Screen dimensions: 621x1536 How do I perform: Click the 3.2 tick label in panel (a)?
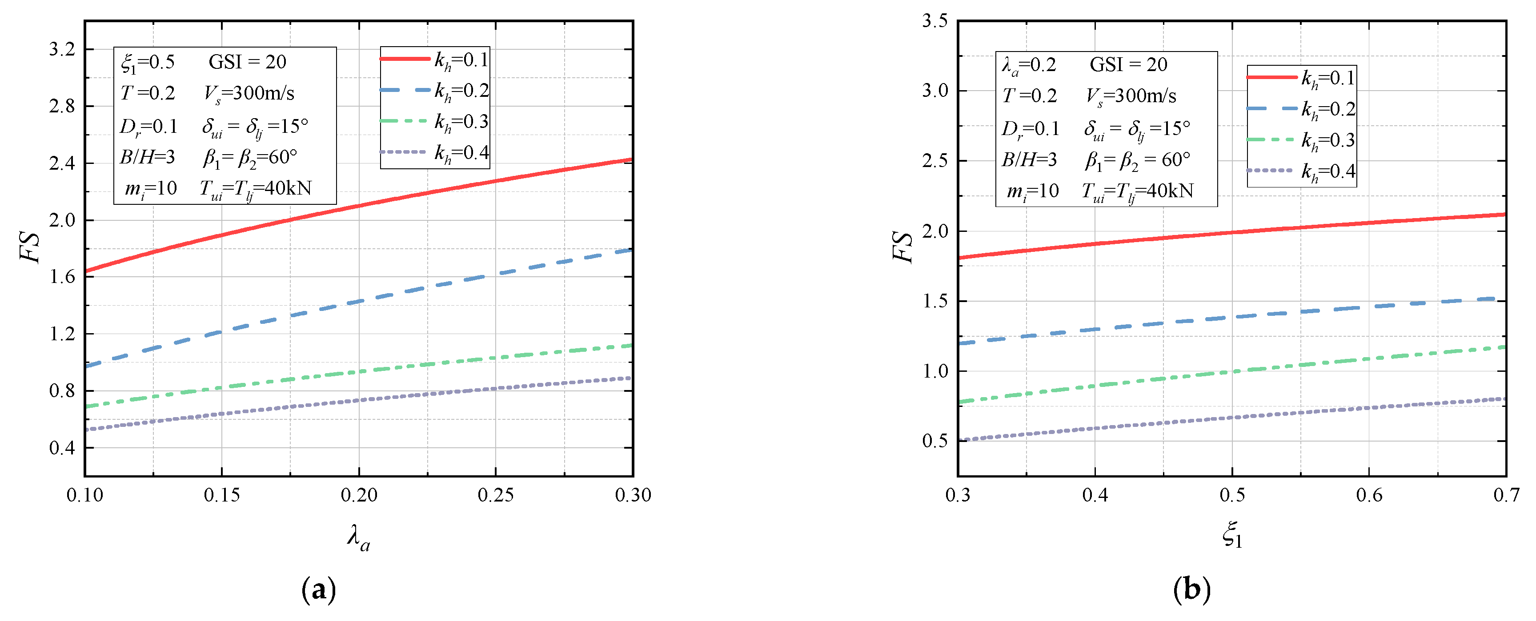[62, 49]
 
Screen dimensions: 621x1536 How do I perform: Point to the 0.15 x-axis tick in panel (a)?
[222, 495]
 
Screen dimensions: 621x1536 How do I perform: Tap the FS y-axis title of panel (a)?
[30, 247]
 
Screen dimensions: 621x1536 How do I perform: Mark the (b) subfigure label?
[1191, 589]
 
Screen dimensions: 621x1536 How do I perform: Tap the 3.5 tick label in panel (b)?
[935, 21]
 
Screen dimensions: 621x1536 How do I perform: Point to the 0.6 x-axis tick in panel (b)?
[1369, 495]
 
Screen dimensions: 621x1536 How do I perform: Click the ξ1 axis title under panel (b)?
[1232, 534]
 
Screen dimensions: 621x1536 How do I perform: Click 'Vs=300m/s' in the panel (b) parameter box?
[1131, 96]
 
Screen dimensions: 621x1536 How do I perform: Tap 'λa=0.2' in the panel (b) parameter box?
[1029, 65]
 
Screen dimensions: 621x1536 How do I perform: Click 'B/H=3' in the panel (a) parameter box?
[147, 157]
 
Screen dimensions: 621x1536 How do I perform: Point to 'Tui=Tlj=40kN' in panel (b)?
[1137, 191]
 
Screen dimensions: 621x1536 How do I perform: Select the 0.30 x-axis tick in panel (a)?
[633, 495]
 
